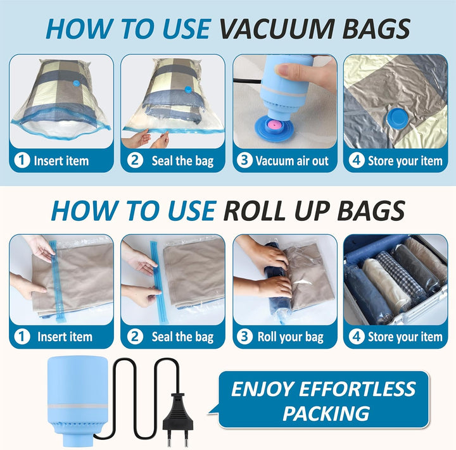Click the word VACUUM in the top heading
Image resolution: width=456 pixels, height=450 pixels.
[x=277, y=28]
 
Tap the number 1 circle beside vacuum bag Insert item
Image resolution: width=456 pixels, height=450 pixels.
[x=22, y=161]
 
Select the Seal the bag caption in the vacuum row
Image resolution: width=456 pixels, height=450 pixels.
[x=182, y=161]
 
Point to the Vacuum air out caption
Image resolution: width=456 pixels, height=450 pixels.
[x=292, y=161]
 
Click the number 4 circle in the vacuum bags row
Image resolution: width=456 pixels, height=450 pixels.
[x=357, y=160]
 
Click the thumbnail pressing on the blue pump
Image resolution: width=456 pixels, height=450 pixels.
[x=284, y=70]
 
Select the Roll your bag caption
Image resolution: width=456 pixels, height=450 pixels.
[x=291, y=337]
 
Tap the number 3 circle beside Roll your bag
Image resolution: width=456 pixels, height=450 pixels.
[x=244, y=336]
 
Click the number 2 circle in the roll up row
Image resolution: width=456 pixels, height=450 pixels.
[x=135, y=336]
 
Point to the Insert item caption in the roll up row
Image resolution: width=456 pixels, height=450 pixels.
[x=65, y=337]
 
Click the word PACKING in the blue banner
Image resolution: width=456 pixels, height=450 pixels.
[x=326, y=413]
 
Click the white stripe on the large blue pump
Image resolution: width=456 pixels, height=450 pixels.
[x=77, y=406]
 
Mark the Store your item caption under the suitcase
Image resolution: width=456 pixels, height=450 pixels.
[x=405, y=337]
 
